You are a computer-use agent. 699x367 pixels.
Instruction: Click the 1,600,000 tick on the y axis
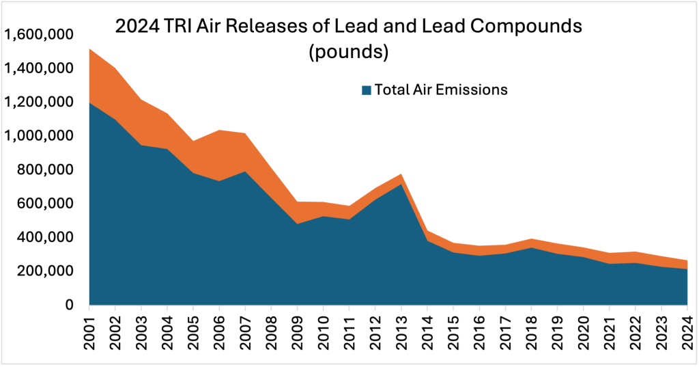click(x=40, y=35)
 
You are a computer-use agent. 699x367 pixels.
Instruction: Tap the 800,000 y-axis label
click(x=49, y=170)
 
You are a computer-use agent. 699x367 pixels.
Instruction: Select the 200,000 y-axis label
click(x=49, y=271)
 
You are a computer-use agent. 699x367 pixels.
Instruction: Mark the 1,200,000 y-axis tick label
click(x=40, y=103)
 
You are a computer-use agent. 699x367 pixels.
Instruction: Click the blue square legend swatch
click(x=366, y=90)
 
